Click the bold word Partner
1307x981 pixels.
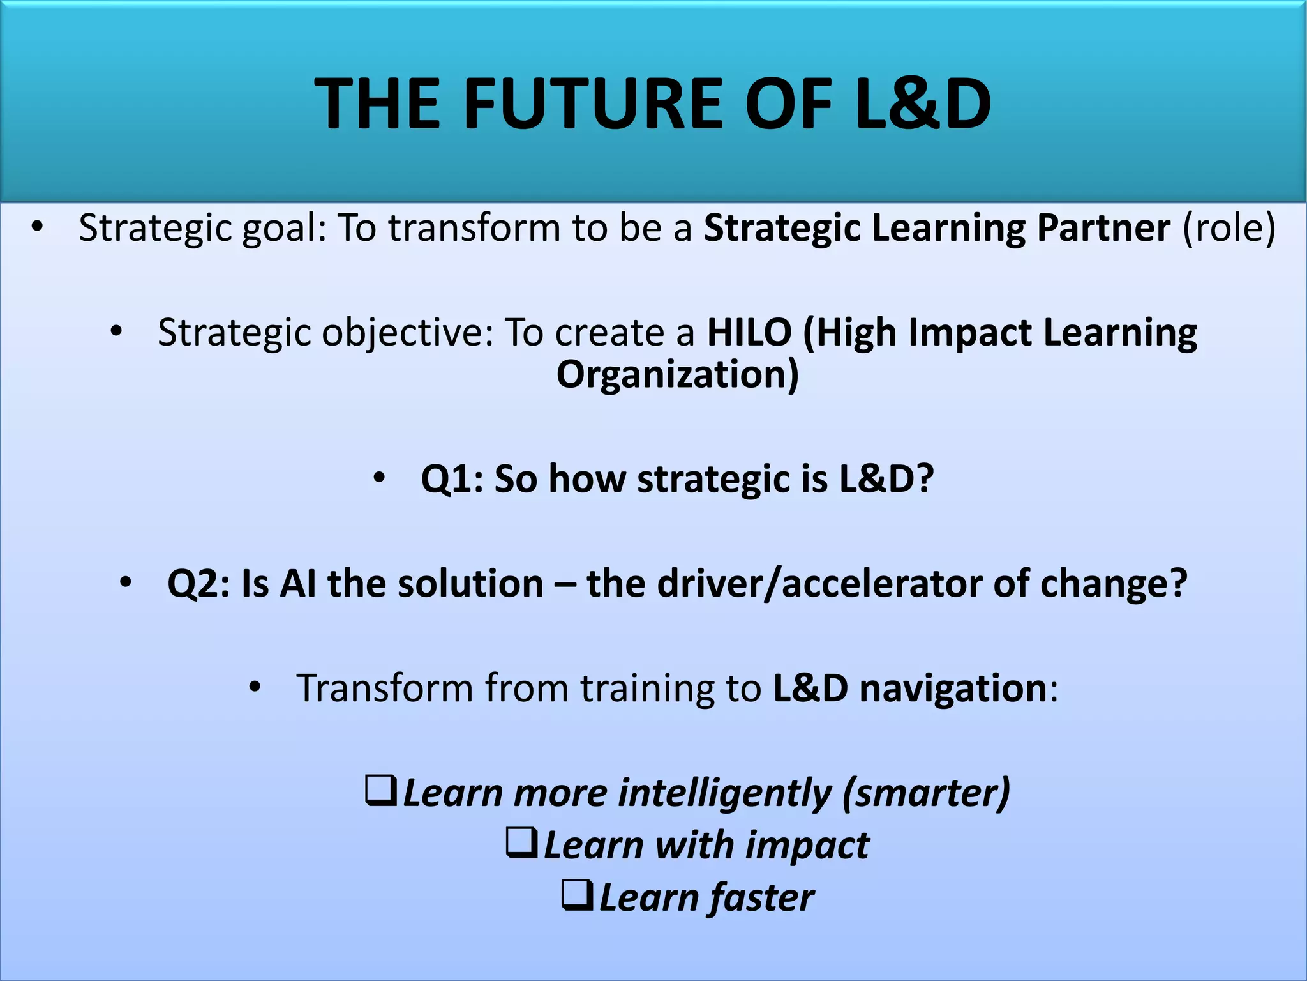[1103, 227]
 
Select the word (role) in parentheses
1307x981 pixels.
[1229, 227]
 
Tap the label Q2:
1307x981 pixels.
[198, 583]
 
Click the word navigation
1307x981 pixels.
[953, 688]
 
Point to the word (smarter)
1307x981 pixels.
[926, 793]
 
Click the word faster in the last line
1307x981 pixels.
[762, 897]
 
